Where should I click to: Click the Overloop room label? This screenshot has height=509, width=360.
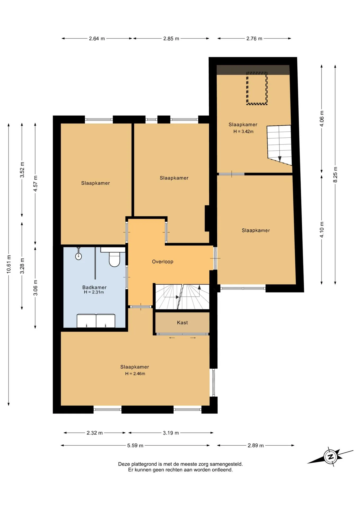pyautogui.click(x=163, y=262)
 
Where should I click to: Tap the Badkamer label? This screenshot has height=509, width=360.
pyautogui.click(x=94, y=287)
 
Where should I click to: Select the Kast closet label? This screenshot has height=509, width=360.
pyautogui.click(x=182, y=323)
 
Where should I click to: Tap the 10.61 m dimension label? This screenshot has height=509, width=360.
pyautogui.click(x=9, y=264)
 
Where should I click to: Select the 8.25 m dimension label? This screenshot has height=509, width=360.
pyautogui.click(x=335, y=175)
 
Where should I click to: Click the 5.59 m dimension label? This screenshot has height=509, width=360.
pyautogui.click(x=135, y=446)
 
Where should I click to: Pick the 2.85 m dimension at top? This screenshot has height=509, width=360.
pyautogui.click(x=171, y=39)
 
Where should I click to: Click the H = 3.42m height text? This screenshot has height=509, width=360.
pyautogui.click(x=243, y=131)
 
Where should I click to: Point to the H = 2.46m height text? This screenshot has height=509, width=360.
pyautogui.click(x=135, y=374)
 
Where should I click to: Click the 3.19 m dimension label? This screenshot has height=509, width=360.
pyautogui.click(x=171, y=433)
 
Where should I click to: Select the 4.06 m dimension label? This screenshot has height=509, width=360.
pyautogui.click(x=322, y=118)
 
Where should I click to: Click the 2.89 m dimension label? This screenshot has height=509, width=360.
pyautogui.click(x=256, y=446)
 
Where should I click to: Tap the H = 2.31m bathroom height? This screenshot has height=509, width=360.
pyautogui.click(x=94, y=292)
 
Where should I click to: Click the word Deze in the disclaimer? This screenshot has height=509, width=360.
pyautogui.click(x=124, y=464)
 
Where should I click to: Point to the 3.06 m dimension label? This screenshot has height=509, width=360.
pyautogui.click(x=35, y=288)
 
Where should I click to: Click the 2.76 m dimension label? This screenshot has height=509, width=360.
pyautogui.click(x=254, y=39)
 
